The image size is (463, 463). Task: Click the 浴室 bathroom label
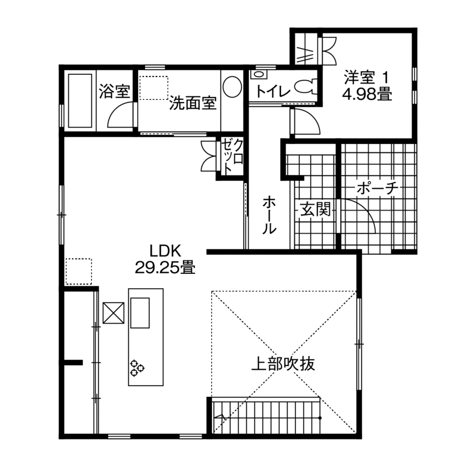pos(115,91)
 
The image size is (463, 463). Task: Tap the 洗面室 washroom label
pos(192,103)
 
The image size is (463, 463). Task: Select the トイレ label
pos(272,90)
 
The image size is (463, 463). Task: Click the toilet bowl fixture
pos(305,87)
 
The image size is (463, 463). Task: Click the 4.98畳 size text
pos(367,94)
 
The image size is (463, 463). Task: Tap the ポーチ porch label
pos(377,189)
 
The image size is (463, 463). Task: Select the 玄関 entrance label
pos(315,209)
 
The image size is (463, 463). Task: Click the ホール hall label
pos(268,214)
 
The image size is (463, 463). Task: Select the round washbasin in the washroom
pos(232,87)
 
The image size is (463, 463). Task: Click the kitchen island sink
pos(140,313)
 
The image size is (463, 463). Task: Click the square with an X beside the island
pos(114,313)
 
